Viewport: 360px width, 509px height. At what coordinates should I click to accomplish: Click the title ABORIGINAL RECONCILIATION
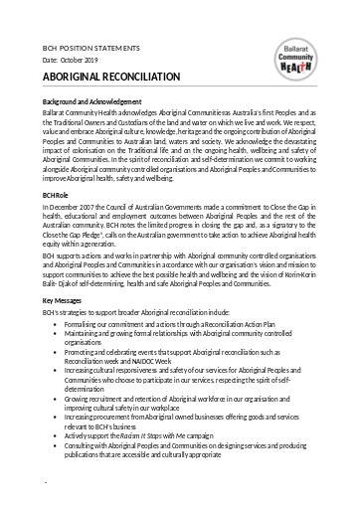[x=108, y=76]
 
